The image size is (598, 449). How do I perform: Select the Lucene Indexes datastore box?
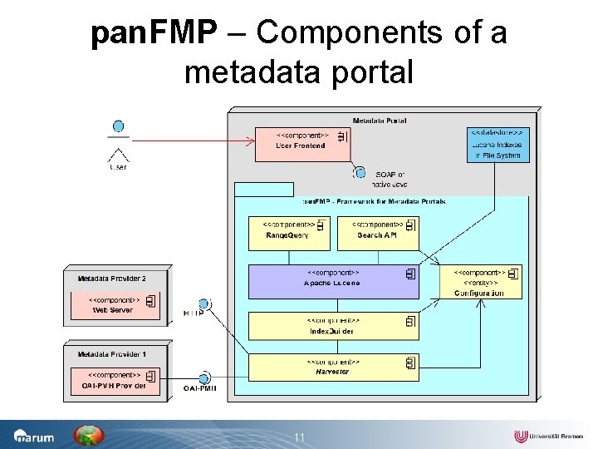coord(498,145)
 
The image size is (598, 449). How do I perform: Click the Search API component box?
coord(378,233)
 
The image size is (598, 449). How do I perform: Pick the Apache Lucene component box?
coord(334,282)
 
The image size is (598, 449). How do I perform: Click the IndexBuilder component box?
coord(334,327)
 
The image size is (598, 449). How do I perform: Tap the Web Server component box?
coord(116,304)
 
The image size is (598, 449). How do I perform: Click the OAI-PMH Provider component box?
coord(116,380)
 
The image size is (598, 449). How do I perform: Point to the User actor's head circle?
coord(119,126)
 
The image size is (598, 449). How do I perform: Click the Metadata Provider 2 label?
coord(112,279)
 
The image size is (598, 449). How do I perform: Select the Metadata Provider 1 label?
coord(112,354)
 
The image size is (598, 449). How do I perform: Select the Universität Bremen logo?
coord(548,437)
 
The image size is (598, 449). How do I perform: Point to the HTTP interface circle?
coord(203,303)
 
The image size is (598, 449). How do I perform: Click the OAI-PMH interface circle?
coord(203,378)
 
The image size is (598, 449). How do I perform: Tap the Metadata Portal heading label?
coord(380,121)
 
